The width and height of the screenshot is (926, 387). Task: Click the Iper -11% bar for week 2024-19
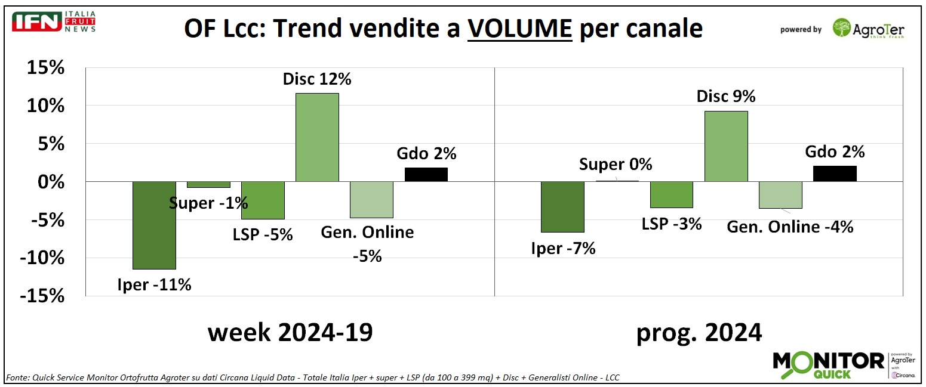tap(154, 225)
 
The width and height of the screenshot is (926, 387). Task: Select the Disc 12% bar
tap(317, 137)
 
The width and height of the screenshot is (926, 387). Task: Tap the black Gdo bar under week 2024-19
tap(426, 174)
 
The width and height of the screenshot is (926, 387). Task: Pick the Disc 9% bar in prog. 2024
tap(726, 146)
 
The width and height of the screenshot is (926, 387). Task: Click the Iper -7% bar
tap(562, 206)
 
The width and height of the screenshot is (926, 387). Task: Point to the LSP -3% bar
tap(671, 194)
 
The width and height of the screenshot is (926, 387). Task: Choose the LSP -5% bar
tap(263, 200)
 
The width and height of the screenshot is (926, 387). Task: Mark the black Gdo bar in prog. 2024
tap(835, 174)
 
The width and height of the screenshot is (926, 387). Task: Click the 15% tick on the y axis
tap(45, 68)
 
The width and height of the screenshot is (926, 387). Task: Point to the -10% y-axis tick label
tap(42, 258)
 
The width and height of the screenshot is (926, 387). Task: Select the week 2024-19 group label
tap(290, 332)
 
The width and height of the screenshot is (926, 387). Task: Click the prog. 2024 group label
tap(699, 332)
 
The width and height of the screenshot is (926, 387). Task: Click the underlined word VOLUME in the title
tap(519, 29)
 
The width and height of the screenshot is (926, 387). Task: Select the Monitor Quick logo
tap(829, 364)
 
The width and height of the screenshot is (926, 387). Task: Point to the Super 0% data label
tap(616, 164)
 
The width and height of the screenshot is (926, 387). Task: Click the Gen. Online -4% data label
tap(790, 227)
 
